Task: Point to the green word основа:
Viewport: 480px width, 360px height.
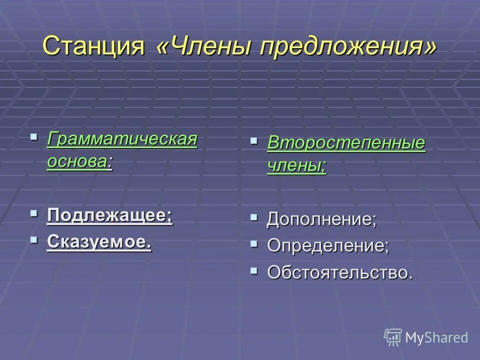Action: click(x=79, y=161)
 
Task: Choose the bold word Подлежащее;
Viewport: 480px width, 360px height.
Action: click(x=109, y=216)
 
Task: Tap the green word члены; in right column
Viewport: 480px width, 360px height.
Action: click(x=296, y=165)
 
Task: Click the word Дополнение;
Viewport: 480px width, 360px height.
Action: click(x=321, y=219)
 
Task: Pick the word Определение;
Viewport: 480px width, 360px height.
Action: click(x=327, y=246)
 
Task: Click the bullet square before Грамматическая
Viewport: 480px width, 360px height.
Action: click(x=34, y=136)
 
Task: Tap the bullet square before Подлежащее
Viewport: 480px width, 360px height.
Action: click(x=34, y=213)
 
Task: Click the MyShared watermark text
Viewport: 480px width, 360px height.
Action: click(x=436, y=337)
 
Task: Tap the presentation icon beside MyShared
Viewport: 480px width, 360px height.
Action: click(x=393, y=337)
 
